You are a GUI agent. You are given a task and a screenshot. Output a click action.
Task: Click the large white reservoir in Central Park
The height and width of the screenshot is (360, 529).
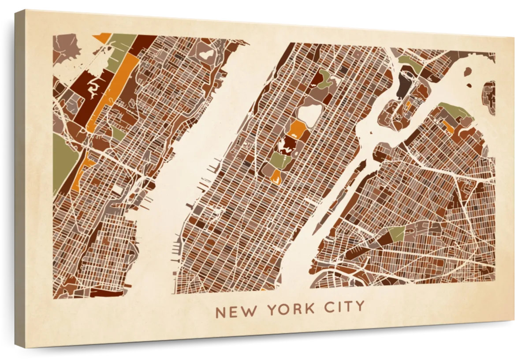click(309, 113)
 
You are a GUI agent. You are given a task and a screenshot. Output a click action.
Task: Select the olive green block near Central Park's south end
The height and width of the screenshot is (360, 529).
click(279, 160)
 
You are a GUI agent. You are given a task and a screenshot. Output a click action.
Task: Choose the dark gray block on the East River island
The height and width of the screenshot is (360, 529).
click(403, 86)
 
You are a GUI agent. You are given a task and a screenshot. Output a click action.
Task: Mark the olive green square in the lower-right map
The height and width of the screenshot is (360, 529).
click(397, 234)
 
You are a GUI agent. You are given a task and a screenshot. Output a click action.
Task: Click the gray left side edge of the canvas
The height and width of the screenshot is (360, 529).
click(20, 176)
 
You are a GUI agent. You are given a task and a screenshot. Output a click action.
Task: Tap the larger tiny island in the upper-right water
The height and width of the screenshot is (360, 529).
click(467, 71)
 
